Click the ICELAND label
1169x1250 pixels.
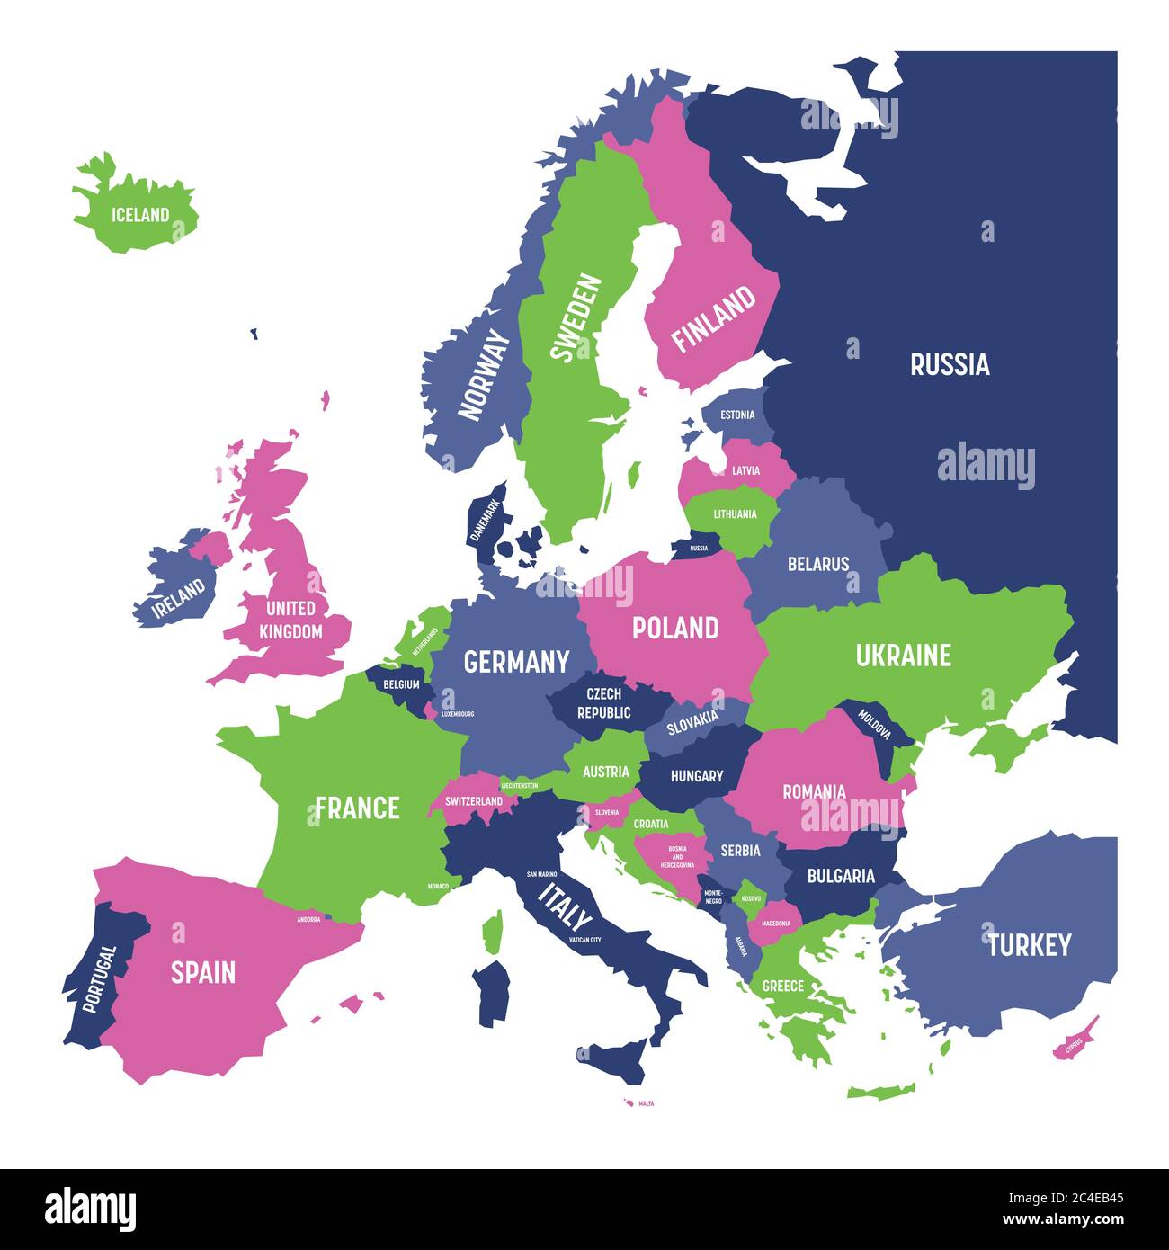139,215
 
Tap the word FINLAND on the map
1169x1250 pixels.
714,318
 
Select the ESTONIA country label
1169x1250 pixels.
737,415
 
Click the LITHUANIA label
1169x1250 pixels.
735,514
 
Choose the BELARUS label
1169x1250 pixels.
817,565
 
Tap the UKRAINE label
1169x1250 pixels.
903,656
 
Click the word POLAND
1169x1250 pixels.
675,628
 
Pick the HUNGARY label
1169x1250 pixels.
696,775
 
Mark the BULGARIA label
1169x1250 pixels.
840,875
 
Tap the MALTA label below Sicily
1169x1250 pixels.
646,1103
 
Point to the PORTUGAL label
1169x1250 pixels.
98,978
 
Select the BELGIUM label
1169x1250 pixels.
401,684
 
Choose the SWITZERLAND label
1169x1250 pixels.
473,801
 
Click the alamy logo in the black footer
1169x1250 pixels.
90,1210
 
